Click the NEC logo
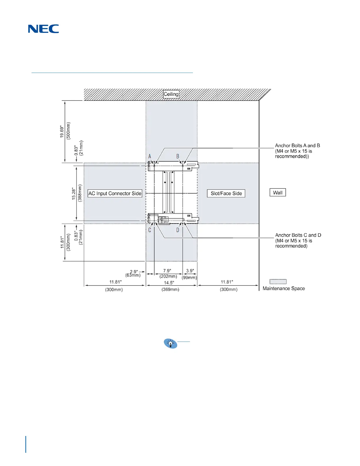(x=44, y=29)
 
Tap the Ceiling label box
(x=171, y=94)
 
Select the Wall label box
(x=278, y=193)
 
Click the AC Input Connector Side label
(x=115, y=193)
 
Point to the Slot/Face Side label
(x=226, y=193)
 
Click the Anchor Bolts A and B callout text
(x=297, y=151)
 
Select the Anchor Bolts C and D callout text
(x=298, y=241)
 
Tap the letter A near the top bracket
(x=150, y=156)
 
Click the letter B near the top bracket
(x=178, y=156)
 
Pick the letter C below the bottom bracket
(x=150, y=230)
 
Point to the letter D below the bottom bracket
(x=178, y=230)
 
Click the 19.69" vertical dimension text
(x=62, y=132)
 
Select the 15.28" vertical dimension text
(x=74, y=194)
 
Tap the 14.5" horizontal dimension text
(x=169, y=283)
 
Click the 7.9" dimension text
(x=167, y=271)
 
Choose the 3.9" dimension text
(x=190, y=271)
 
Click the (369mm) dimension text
(x=170, y=289)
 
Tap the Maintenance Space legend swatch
(x=278, y=282)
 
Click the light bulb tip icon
(x=171, y=343)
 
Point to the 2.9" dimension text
(x=134, y=272)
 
